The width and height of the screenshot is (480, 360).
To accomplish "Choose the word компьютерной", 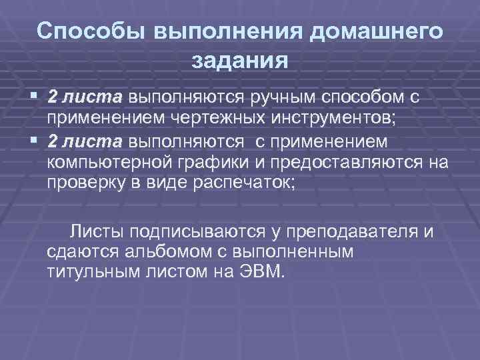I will click(107, 164).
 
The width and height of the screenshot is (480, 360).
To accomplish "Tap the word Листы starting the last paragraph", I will click(98, 231).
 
